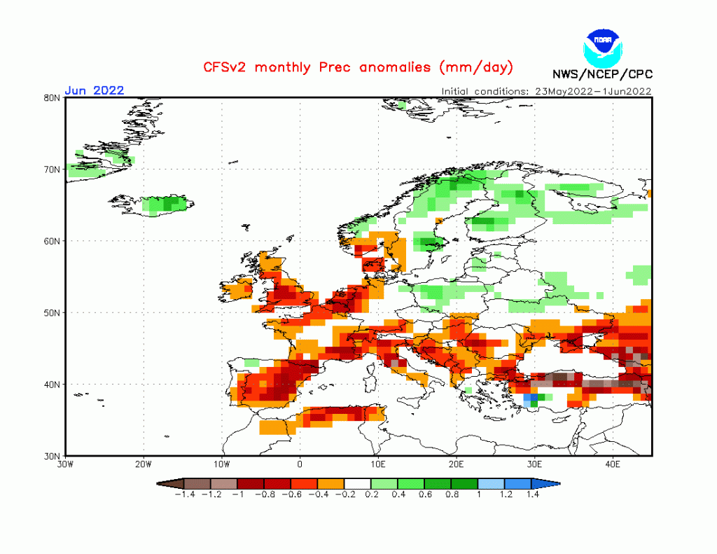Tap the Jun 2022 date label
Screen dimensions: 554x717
(x=95, y=90)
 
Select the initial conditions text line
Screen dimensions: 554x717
(x=547, y=90)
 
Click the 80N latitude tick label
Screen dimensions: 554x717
(x=52, y=98)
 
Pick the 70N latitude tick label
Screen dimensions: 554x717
(x=52, y=169)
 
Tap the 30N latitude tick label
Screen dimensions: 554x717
(x=52, y=455)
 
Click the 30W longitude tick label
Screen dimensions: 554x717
(x=65, y=464)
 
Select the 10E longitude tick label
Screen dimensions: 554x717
(x=378, y=464)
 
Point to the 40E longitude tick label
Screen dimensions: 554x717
(x=613, y=464)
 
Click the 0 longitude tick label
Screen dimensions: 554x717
(x=300, y=464)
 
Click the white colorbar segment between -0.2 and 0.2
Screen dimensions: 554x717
(x=358, y=483)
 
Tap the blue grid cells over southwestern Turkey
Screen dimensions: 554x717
(x=531, y=399)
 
